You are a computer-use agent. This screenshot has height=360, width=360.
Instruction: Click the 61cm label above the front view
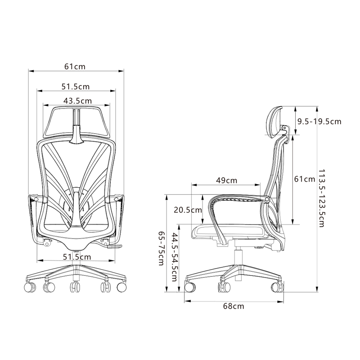coord(75,67)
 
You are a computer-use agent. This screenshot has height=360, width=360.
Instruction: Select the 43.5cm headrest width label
coord(77,101)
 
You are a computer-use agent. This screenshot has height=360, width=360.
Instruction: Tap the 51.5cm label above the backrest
coord(76,86)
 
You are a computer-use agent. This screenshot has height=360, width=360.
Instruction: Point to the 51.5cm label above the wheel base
coord(77,256)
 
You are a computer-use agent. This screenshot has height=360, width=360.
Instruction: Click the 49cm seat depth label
coord(227,180)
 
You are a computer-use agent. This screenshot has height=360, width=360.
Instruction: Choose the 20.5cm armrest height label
coord(188,210)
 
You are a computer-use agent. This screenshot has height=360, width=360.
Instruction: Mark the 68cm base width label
coord(234,306)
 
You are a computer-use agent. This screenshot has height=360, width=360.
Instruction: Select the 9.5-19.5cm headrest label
coord(319,121)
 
